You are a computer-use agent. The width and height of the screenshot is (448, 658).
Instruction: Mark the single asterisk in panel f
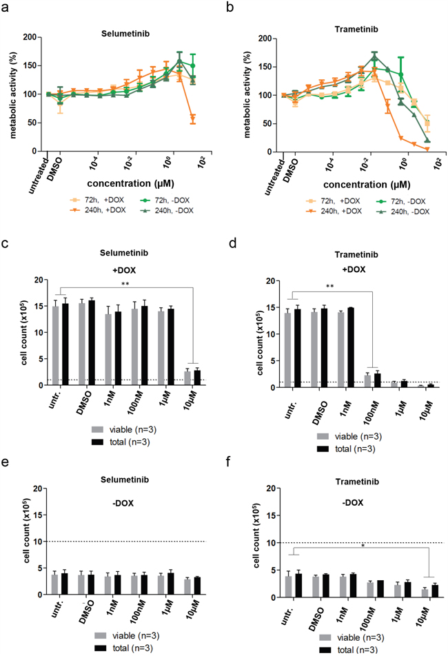click(x=363, y=546)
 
